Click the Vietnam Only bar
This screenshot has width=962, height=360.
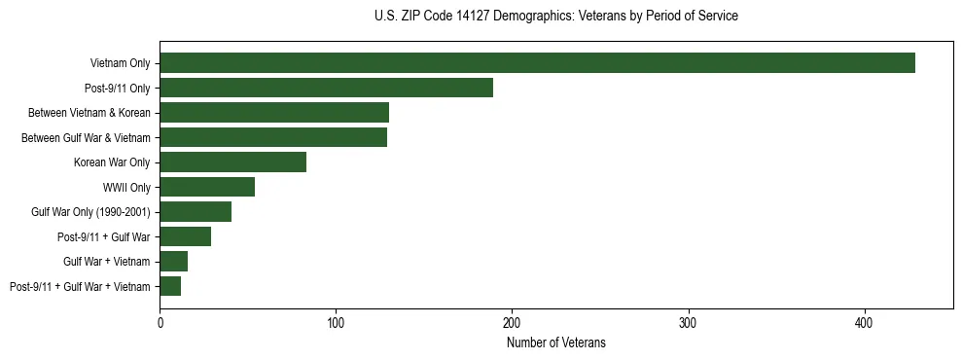537,63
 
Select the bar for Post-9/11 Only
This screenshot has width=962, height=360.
326,88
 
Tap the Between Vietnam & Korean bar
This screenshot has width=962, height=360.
274,113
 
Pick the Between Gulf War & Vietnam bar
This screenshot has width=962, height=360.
273,137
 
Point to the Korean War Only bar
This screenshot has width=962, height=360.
233,162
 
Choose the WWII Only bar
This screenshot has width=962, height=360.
207,187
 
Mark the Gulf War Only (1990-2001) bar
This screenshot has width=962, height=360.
196,212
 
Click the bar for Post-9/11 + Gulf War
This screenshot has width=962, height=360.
186,236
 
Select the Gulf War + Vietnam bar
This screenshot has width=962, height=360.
174,262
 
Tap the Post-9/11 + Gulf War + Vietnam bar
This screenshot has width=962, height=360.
170,286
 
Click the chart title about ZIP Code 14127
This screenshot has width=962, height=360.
555,16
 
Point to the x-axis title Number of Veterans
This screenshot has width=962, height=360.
555,342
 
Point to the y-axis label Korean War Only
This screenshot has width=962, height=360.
112,162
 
